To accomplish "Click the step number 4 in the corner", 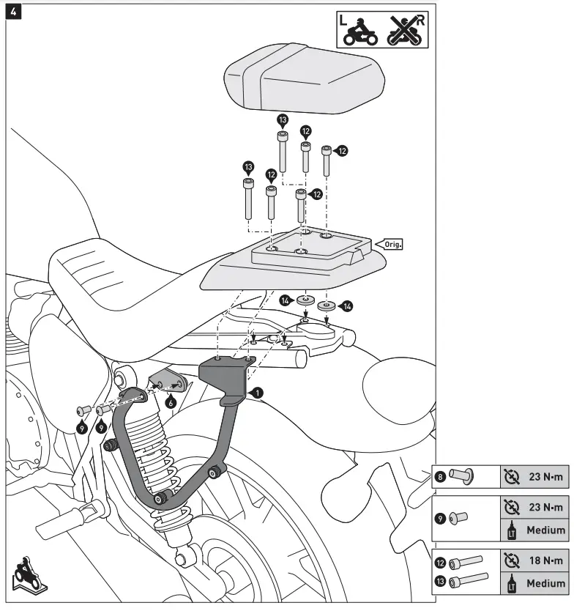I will (13, 13).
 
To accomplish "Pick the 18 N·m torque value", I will (545, 561).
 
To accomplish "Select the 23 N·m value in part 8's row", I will (545, 478).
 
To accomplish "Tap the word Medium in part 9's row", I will (545, 530).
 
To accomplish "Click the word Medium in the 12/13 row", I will (545, 584).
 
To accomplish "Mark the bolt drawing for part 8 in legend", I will (461, 477).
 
